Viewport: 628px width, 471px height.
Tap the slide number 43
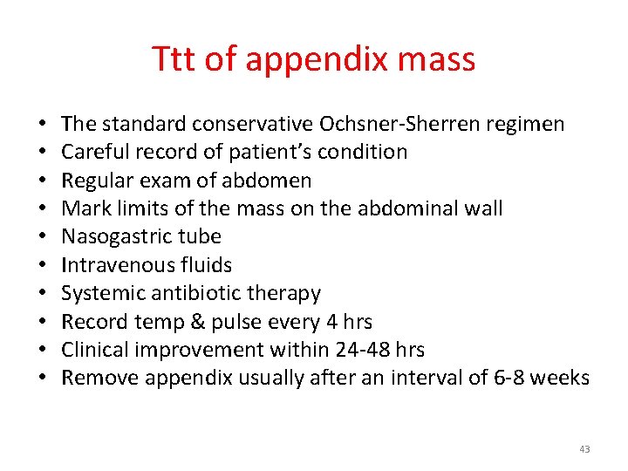point(584,449)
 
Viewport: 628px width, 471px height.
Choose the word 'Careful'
point(94,152)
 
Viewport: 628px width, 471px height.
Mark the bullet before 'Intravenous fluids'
point(42,266)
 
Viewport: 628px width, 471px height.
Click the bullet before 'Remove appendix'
point(42,379)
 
